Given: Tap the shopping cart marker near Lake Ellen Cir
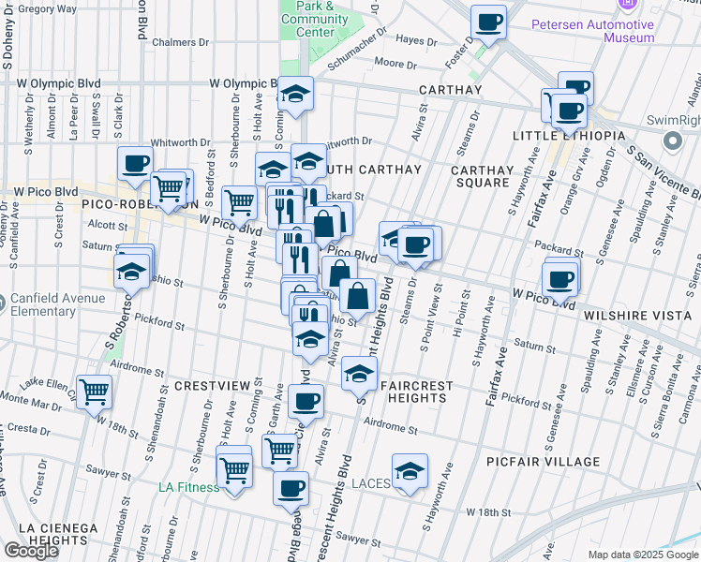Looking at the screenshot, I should click(x=94, y=392).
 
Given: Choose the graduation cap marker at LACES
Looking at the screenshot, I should click(x=410, y=470).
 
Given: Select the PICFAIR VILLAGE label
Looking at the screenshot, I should click(x=544, y=462).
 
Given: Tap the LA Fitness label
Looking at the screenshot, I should click(x=188, y=487).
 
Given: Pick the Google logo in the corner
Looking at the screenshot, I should click(x=31, y=551).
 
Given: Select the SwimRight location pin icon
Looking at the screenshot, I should click(x=672, y=140).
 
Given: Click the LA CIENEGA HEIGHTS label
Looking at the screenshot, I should click(x=58, y=534).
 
